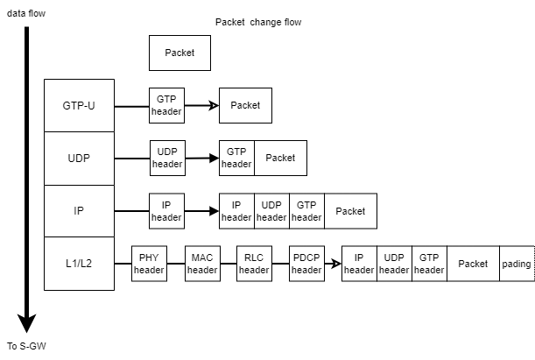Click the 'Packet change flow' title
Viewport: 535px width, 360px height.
point(257,22)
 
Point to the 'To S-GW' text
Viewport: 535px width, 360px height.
point(25,346)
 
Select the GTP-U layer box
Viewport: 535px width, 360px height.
point(79,105)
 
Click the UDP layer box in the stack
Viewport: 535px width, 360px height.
point(79,158)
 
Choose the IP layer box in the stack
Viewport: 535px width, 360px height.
point(79,210)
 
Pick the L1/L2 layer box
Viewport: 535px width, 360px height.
point(79,263)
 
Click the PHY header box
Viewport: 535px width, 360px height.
point(149,264)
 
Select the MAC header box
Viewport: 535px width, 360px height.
point(201,264)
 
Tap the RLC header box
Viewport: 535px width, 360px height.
point(254,264)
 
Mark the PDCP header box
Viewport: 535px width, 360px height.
point(306,264)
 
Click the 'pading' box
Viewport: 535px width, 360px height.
point(517,264)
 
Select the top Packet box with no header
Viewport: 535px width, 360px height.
point(180,53)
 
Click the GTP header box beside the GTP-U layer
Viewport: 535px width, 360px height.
point(166,106)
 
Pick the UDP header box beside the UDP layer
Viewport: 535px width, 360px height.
point(167,159)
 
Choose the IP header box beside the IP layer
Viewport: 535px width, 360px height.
point(166,211)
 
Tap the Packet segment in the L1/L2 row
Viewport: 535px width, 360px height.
point(473,264)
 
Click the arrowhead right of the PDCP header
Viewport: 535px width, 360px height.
point(336,264)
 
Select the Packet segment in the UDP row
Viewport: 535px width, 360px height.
point(280,159)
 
